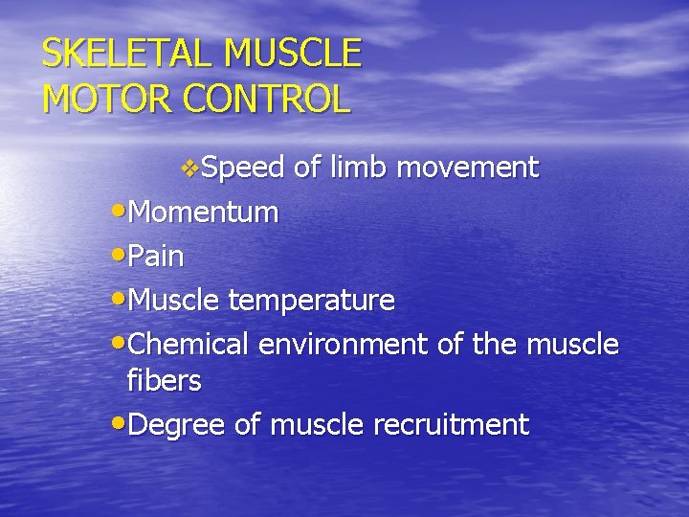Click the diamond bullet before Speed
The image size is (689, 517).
click(190, 169)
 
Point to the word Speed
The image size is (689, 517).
click(244, 169)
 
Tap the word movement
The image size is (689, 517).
click(468, 169)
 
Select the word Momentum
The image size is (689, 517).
click(203, 213)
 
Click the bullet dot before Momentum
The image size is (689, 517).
click(117, 211)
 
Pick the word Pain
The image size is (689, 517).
click(155, 257)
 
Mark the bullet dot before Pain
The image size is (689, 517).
click(117, 255)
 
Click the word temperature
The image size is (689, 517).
click(311, 301)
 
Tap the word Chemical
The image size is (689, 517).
click(188, 343)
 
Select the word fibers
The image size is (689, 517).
click(164, 380)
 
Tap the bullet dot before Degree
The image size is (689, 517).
click(117, 422)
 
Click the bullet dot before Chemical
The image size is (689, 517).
click(117, 341)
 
